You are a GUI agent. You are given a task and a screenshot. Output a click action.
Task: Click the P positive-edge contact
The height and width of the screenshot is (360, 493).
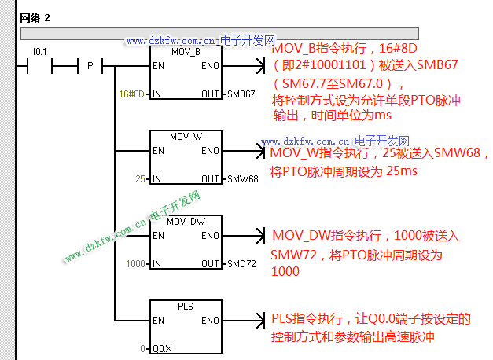click(90, 66)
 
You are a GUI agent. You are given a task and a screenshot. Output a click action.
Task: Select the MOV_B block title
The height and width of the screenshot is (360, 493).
click(186, 52)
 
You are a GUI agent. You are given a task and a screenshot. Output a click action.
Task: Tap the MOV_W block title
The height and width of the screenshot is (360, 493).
click(186, 136)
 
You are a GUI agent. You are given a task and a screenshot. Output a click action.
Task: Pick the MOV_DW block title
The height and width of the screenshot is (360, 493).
click(186, 221)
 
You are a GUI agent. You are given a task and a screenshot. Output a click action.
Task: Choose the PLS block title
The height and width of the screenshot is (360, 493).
click(186, 306)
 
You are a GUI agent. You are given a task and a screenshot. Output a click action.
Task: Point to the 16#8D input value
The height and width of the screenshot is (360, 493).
click(132, 94)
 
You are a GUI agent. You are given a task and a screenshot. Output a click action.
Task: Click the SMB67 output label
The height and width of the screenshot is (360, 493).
click(241, 94)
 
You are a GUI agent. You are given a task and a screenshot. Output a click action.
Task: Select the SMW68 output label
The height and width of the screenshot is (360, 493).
click(242, 179)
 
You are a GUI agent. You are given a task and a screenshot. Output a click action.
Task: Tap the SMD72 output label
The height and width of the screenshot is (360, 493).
click(241, 264)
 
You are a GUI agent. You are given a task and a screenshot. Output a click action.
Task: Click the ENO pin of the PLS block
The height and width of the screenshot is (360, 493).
click(210, 321)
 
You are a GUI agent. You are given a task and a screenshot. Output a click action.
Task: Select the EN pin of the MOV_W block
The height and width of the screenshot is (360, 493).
click(158, 151)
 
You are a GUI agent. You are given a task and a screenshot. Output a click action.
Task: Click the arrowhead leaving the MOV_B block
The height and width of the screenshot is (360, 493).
click(262, 66)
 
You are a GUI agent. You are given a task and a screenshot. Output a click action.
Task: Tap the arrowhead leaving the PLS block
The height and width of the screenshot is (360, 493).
click(262, 321)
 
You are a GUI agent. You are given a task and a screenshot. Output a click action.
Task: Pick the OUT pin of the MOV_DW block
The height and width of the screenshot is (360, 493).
click(210, 264)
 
